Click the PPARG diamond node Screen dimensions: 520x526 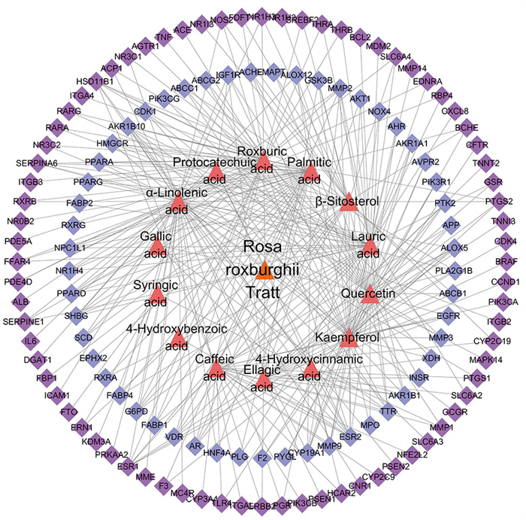[86, 181]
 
